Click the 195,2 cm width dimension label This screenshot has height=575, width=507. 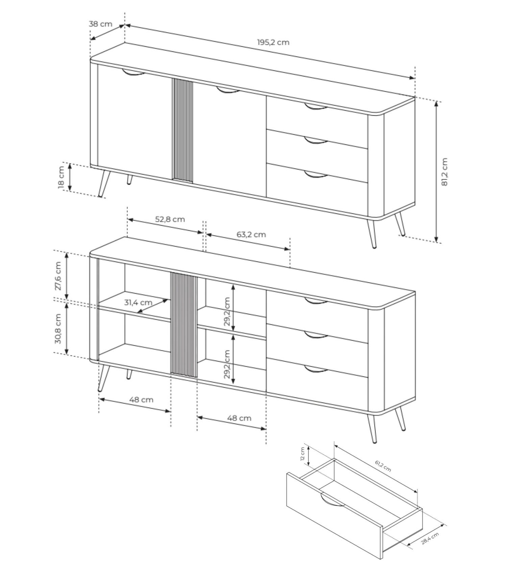point(273,42)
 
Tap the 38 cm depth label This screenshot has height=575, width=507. point(100,24)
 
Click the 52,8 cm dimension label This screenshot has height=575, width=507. point(170,219)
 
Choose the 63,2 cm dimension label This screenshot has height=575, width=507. point(251,234)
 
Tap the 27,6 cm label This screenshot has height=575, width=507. point(58,276)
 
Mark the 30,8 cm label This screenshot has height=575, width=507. point(58,329)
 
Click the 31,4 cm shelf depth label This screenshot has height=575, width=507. point(138,302)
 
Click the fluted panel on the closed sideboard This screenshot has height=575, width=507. point(183,131)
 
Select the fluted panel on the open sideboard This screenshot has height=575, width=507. point(184,325)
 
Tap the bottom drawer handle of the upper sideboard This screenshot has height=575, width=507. point(316,174)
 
